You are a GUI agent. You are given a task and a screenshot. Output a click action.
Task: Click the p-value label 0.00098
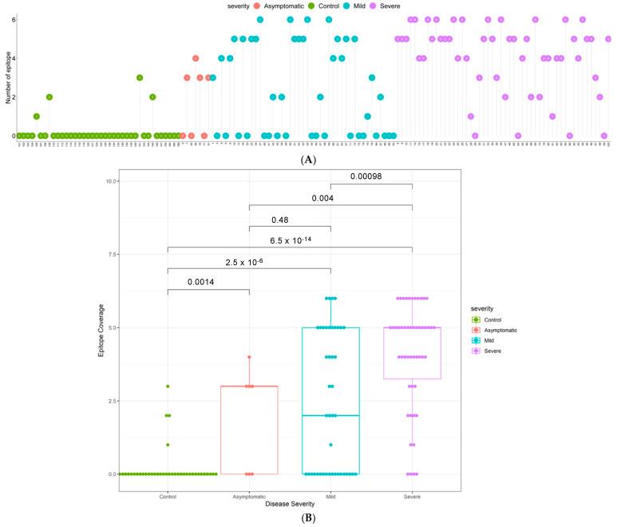(x=371, y=176)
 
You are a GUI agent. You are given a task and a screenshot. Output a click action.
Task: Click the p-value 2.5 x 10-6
(x=250, y=260)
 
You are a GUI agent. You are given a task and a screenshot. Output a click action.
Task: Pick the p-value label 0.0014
(x=209, y=282)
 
